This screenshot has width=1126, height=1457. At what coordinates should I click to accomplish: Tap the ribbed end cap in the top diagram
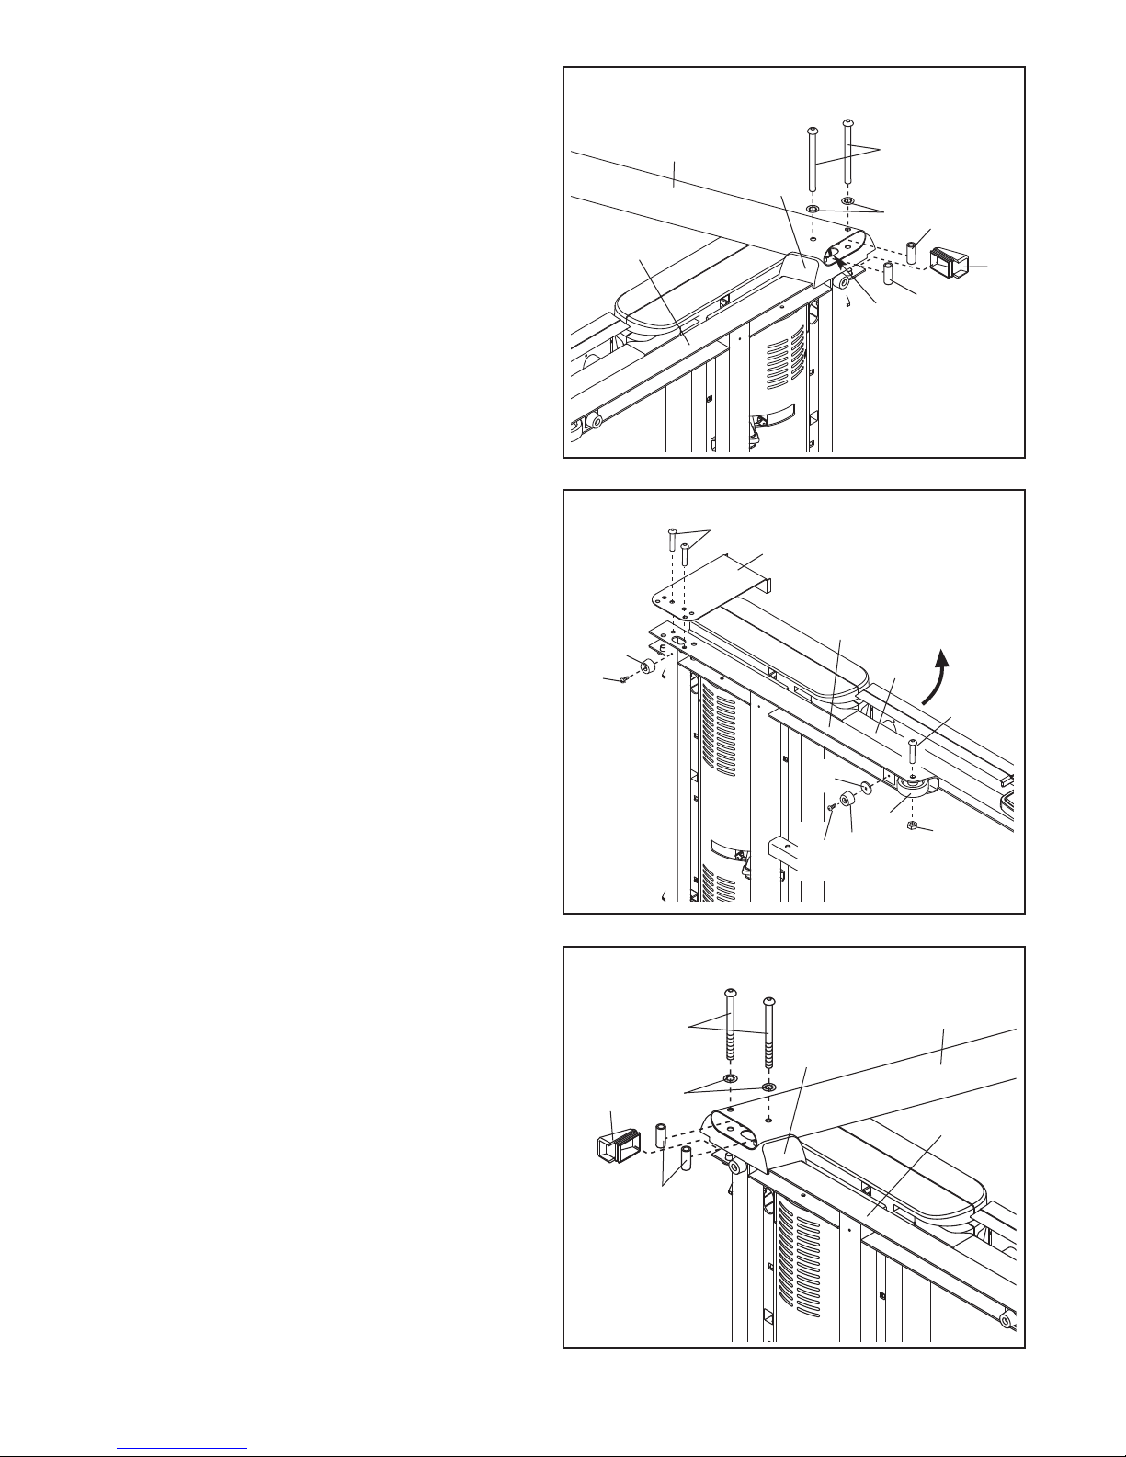[x=950, y=262]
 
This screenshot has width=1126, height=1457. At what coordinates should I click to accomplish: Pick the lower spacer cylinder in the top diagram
[x=888, y=273]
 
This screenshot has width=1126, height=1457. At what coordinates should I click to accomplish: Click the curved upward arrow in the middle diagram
[x=934, y=677]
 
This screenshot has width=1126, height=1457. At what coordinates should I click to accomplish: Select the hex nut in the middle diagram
[x=911, y=825]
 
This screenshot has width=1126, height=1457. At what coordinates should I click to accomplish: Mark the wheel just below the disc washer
[x=847, y=799]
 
